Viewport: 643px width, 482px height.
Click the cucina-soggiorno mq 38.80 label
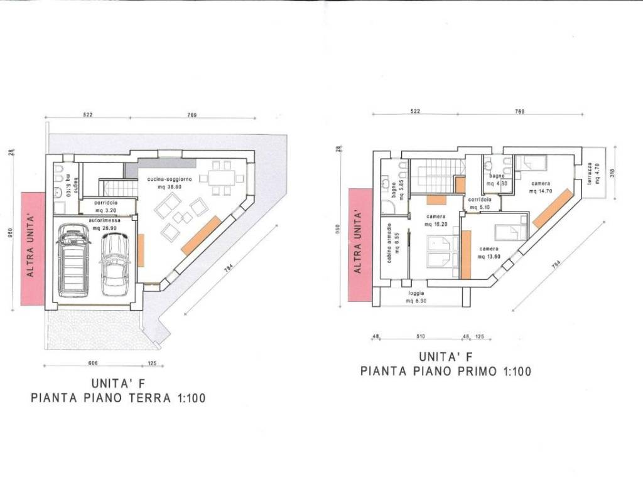click(x=165, y=183)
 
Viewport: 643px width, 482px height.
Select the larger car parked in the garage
click(x=73, y=263)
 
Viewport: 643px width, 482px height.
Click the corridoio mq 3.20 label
click(x=107, y=207)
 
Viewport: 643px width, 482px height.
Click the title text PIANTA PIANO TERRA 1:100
click(x=118, y=397)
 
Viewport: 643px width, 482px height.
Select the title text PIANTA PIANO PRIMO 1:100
click(x=446, y=371)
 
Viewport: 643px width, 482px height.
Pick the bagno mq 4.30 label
click(x=500, y=182)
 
